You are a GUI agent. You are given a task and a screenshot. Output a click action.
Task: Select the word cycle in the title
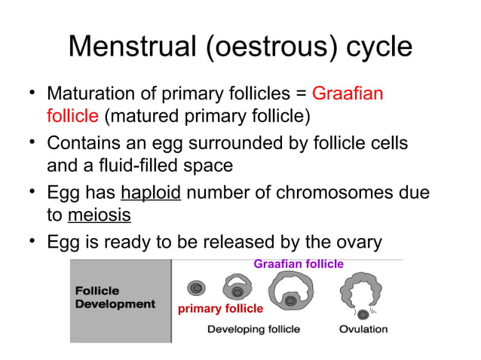(x=375, y=47)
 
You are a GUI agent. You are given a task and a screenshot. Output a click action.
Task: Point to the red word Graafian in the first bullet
(x=347, y=96)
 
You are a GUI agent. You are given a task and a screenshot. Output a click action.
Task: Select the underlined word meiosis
(x=99, y=215)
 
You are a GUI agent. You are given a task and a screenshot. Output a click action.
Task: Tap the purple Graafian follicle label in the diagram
(x=298, y=264)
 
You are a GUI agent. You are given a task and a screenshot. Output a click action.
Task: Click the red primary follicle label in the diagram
(x=219, y=309)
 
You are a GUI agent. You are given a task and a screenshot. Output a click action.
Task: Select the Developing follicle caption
(x=253, y=329)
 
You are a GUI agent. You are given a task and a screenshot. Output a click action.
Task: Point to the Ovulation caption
(x=363, y=329)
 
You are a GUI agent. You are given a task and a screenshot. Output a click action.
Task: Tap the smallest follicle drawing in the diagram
(x=197, y=288)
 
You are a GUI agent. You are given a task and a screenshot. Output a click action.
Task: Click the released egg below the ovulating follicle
(x=363, y=313)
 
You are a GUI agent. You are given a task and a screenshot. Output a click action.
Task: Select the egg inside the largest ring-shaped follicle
(x=290, y=301)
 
